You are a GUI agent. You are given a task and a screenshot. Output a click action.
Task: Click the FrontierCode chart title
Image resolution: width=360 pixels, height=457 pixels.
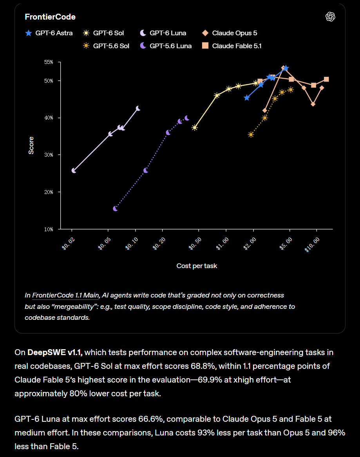coord(50,17)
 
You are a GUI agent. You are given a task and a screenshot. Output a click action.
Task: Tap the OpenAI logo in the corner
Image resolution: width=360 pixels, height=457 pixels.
coord(330,16)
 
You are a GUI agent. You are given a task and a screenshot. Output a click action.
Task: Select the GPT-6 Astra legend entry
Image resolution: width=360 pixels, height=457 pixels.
coord(49,33)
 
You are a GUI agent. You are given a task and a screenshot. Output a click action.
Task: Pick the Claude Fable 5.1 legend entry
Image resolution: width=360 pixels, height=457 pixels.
coord(232,46)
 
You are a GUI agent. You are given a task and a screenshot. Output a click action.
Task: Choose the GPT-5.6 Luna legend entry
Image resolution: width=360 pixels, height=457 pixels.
coord(166,46)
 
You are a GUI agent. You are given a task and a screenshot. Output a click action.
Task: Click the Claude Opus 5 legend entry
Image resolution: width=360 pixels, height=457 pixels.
coord(230,33)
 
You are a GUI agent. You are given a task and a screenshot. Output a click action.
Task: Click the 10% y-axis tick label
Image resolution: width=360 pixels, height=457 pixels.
coord(49,229)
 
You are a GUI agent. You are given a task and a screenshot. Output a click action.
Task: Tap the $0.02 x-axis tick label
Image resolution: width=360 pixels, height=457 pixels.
coord(69,244)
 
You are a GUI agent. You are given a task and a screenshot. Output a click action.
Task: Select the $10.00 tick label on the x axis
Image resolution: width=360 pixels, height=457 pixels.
coord(312,245)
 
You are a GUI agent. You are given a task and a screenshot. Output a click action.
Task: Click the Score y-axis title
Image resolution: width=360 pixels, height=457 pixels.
coord(31,145)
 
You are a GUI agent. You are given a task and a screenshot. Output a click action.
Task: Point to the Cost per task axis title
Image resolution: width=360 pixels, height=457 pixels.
coord(197,266)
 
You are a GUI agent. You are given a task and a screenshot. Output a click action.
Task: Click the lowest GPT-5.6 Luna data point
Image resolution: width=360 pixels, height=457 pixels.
coord(115,209)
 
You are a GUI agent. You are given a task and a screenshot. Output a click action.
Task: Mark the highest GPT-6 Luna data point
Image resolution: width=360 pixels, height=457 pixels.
coord(138,109)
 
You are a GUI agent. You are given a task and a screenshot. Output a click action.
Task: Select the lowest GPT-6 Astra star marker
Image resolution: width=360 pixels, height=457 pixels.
coord(247,98)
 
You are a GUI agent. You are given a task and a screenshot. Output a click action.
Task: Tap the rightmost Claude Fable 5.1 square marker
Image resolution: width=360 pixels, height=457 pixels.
coord(326,79)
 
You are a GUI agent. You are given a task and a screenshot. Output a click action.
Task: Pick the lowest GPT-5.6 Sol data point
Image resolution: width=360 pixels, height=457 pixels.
coord(251,135)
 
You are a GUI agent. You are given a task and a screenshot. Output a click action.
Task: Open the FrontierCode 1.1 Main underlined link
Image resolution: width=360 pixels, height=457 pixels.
coord(65,295)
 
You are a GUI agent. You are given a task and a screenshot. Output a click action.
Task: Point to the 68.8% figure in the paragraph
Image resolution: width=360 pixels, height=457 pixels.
coord(203,366)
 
